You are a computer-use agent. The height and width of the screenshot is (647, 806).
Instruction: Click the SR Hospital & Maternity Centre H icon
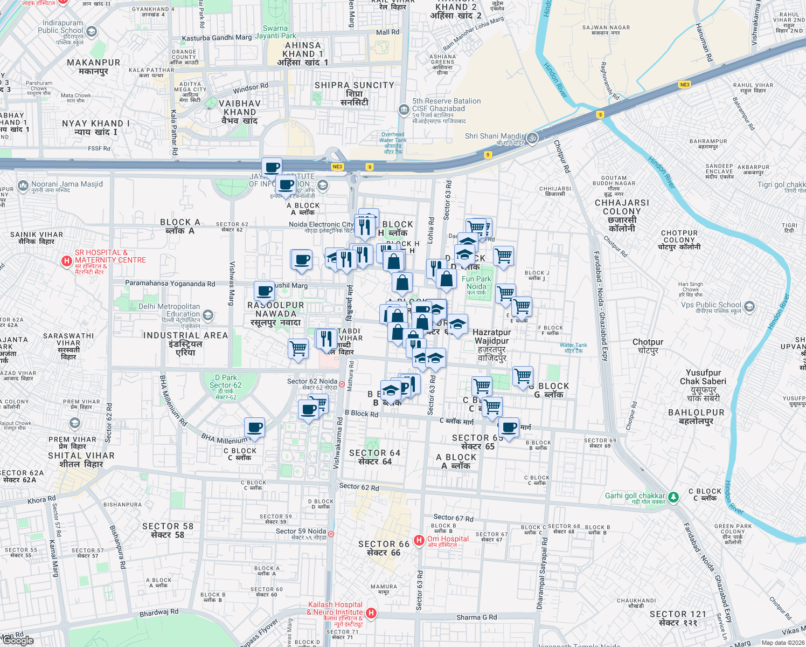coord(67,261)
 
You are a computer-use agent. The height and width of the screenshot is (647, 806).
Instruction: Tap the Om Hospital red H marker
coord(419,540)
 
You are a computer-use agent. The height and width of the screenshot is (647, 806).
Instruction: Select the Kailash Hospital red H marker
coord(371,613)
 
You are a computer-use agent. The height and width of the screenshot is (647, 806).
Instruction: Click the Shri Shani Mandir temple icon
coord(532,138)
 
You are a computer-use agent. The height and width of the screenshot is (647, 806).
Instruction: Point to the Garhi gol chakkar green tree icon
coord(673,497)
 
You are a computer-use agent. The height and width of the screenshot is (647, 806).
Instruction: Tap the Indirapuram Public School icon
coord(91,32)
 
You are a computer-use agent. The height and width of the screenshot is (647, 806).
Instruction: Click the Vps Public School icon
coord(749,307)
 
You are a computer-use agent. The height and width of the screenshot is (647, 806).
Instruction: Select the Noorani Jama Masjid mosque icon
coord(23,186)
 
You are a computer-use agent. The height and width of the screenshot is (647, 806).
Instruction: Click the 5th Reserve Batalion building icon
coord(404,110)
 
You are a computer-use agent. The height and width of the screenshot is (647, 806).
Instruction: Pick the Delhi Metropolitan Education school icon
coord(208,315)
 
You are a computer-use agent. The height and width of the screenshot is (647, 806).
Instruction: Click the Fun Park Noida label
coord(476,283)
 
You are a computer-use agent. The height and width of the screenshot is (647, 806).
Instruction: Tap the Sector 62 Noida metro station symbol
coord(342,384)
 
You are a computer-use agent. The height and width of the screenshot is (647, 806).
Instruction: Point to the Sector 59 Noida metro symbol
coord(331,534)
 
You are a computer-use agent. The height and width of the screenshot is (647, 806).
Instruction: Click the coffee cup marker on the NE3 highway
coord(272,167)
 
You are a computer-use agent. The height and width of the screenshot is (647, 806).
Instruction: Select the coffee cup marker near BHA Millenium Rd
coord(254,428)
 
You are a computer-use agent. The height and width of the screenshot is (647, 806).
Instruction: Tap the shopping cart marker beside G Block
coord(523,376)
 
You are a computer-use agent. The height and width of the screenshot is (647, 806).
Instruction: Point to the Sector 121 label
coord(677,618)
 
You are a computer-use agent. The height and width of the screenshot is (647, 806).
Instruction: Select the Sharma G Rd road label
coord(476,617)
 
